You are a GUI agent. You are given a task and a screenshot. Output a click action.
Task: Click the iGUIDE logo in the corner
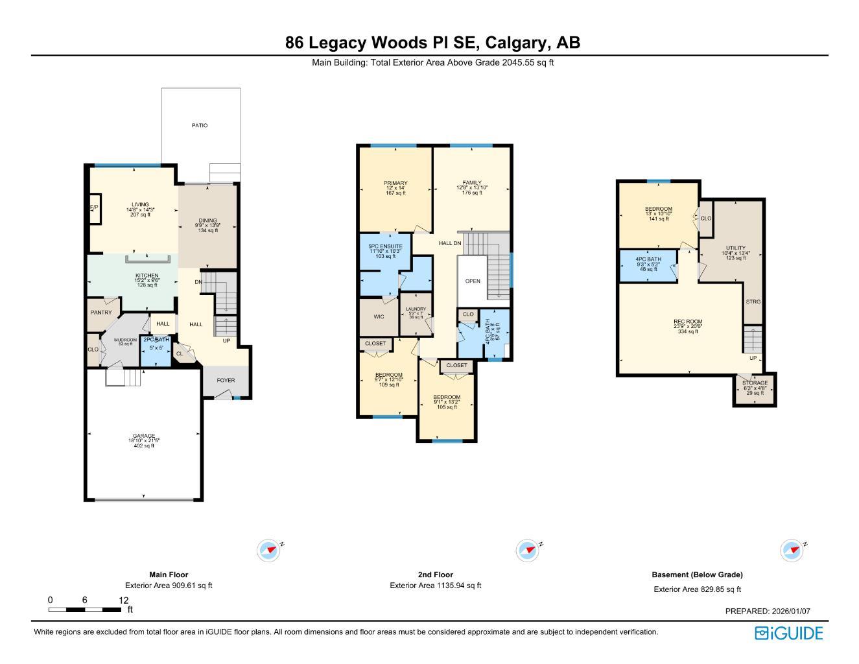click(788, 633)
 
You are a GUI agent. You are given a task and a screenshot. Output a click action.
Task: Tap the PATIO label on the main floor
click(200, 125)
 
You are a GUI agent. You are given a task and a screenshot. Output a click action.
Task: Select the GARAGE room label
click(144, 436)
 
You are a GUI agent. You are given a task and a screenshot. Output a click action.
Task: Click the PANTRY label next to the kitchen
click(101, 313)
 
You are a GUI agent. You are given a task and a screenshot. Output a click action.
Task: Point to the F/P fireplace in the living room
click(93, 207)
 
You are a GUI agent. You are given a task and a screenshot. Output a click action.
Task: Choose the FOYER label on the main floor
click(226, 381)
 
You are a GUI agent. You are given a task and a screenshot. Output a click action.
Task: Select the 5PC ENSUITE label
click(386, 246)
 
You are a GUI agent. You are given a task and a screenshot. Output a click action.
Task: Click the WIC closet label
click(379, 317)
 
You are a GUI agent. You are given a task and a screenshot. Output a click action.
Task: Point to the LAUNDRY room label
click(416, 309)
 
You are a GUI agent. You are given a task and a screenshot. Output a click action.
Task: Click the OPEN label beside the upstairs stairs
click(473, 281)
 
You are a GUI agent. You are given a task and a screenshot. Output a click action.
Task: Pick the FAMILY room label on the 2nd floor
click(472, 183)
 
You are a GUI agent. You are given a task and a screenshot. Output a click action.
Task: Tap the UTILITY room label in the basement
click(736, 248)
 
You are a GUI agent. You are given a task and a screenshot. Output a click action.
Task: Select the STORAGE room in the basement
click(755, 383)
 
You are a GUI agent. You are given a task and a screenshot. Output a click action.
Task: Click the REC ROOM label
click(688, 322)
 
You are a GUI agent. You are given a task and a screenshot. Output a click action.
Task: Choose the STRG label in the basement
click(753, 302)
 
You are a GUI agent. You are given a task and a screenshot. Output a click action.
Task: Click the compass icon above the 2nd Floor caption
click(528, 551)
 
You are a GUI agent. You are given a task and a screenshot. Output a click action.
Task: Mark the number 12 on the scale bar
click(124, 600)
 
